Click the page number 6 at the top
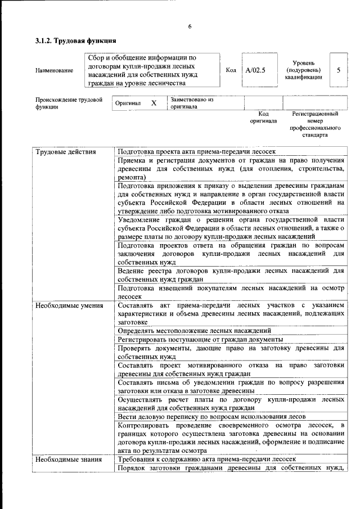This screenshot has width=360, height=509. (190, 26)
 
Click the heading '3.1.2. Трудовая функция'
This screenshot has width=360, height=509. (76, 41)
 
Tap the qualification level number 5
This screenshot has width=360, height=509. (338, 70)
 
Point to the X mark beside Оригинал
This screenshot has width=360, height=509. (153, 103)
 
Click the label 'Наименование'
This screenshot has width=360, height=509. (54, 70)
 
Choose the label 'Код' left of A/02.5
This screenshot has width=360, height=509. (231, 70)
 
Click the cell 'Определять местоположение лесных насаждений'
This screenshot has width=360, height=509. (195, 331)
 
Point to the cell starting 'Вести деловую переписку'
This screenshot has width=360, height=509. (211, 417)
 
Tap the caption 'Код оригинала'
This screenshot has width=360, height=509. (263, 118)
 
